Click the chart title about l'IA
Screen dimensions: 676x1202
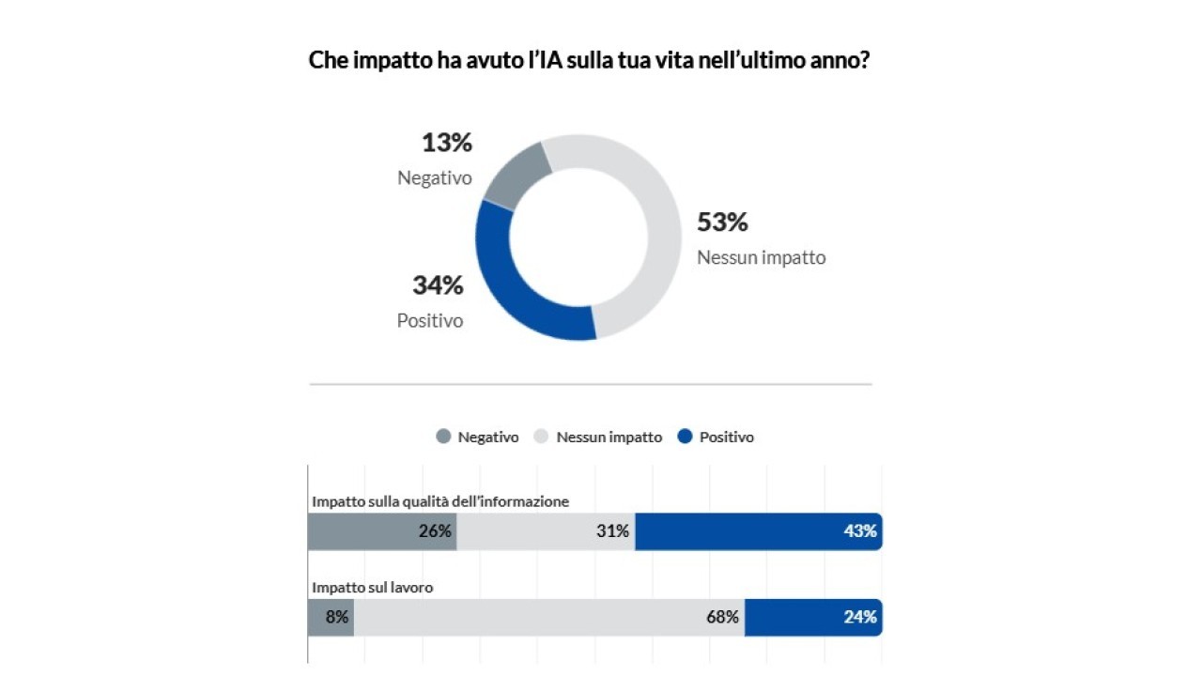pos(590,61)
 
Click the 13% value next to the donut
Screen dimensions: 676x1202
pos(446,144)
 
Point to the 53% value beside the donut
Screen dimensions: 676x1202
pos(722,223)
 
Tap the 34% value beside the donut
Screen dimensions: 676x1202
pos(438,285)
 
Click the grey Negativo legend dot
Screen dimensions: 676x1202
pos(443,437)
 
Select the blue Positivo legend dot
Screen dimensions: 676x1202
pos(685,437)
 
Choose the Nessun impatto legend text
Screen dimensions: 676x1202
pos(609,437)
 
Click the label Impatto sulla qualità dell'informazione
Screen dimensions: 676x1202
pos(440,501)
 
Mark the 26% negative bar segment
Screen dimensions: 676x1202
pos(381,531)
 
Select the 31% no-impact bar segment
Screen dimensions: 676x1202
pos(546,531)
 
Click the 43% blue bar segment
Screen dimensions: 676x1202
pos(758,531)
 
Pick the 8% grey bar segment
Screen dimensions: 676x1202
pos(331,618)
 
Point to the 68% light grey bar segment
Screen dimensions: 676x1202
pos(549,618)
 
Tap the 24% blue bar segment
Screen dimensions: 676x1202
pos(812,618)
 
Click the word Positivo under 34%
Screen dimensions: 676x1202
pos(430,321)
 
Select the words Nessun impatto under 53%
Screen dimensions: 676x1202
pos(761,257)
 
